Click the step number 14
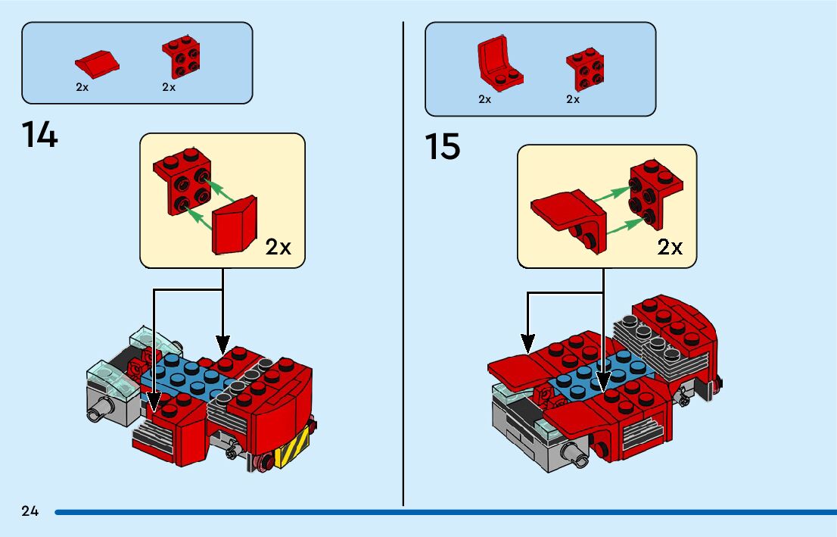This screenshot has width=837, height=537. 40,135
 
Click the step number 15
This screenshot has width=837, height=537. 442,146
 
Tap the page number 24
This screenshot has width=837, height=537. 30,511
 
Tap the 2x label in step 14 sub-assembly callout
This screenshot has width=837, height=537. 278,248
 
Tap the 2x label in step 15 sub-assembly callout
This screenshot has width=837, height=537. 670,247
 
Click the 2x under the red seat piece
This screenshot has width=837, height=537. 485,99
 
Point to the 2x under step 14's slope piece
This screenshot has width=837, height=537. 82,87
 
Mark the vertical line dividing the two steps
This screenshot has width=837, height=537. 403,265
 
